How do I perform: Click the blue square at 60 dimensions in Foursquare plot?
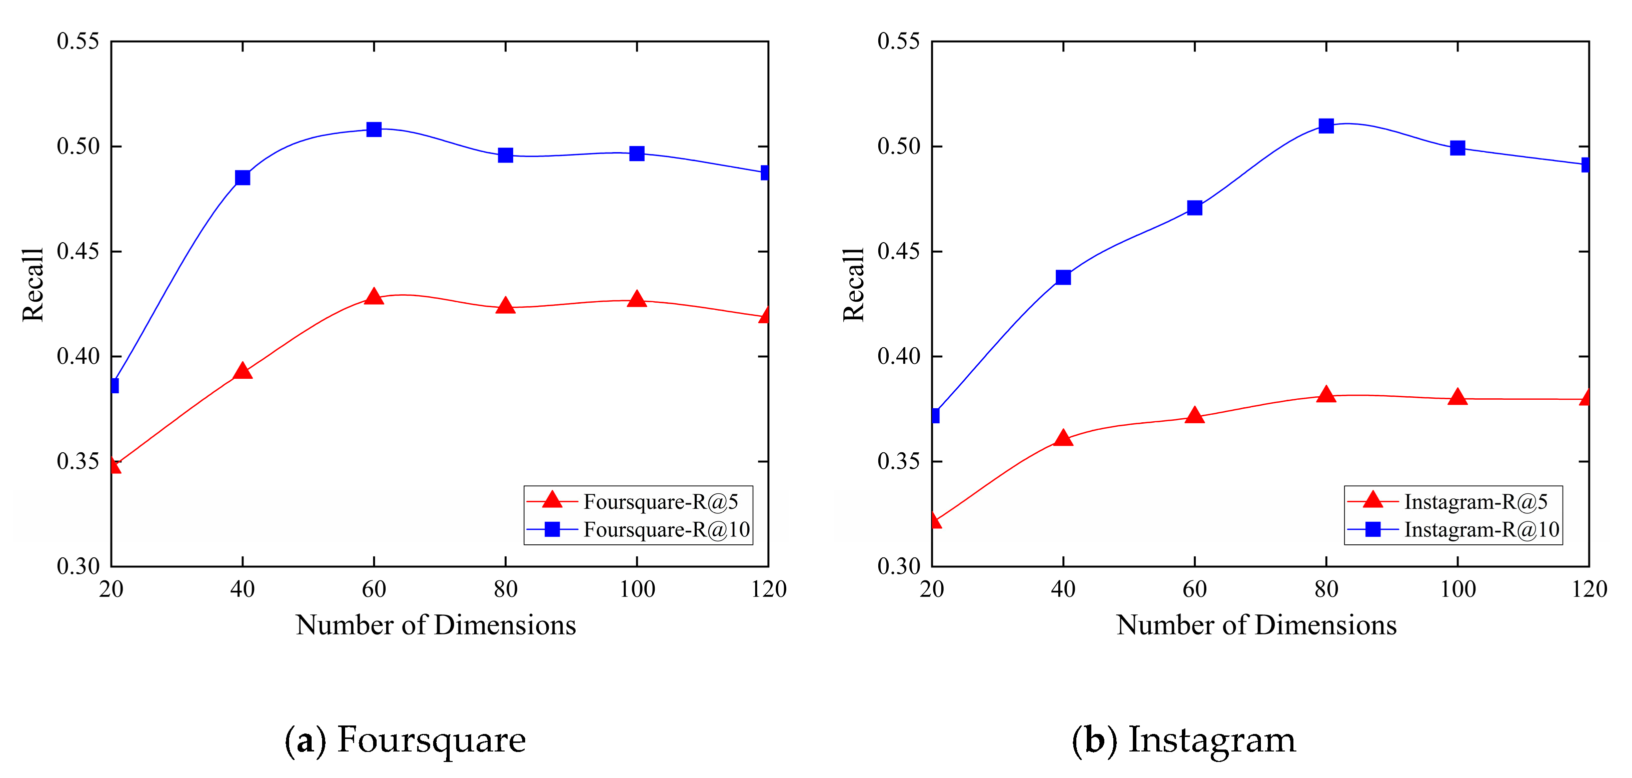pos(374,129)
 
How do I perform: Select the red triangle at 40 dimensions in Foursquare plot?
pos(243,371)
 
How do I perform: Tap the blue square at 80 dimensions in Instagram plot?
pos(1326,126)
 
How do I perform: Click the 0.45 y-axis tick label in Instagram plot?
pos(898,252)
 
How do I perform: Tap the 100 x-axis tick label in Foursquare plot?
pos(637,589)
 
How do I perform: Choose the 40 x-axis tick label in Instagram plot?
pos(1063,589)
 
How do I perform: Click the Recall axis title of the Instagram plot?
pos(853,285)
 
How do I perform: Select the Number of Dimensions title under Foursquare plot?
pos(436,625)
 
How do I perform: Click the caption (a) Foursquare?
pos(406,739)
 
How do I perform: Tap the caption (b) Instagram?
pos(1183,739)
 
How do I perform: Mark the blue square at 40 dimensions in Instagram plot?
pos(1063,277)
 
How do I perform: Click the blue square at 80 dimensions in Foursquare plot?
pos(505,155)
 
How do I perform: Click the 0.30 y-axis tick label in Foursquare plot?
pos(78,566)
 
